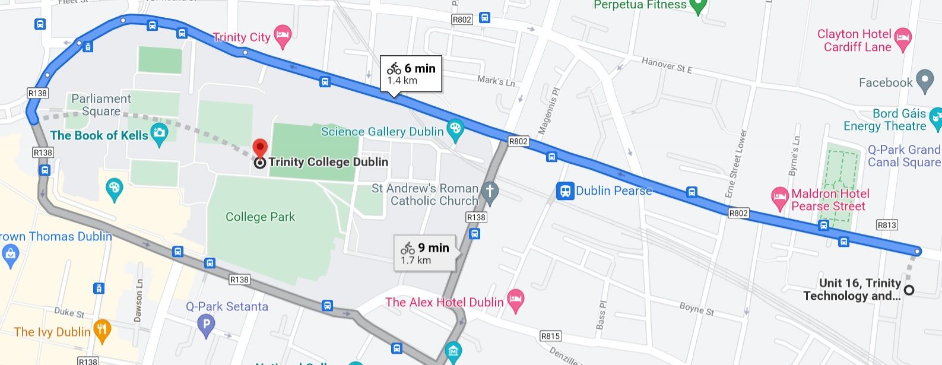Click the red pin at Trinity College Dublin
260,148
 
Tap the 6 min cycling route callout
411,74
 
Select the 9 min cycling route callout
425,253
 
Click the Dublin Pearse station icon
565,191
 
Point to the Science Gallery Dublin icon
455,131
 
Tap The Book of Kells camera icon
159,134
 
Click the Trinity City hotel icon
283,36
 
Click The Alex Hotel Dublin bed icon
516,301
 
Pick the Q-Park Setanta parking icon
206,325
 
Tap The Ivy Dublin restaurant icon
103,331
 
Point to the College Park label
260,217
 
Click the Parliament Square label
101,105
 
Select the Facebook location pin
925,81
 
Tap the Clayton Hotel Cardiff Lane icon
903,39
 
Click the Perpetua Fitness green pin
698,6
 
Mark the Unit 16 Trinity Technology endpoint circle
909,290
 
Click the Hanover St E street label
667,65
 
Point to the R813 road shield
887,225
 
